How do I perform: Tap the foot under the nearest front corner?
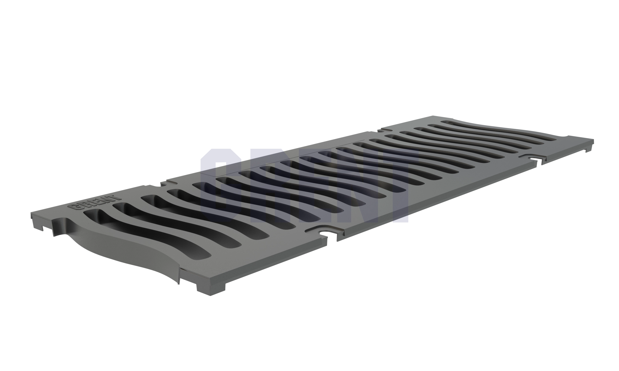208,291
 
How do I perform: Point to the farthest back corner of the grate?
435,116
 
